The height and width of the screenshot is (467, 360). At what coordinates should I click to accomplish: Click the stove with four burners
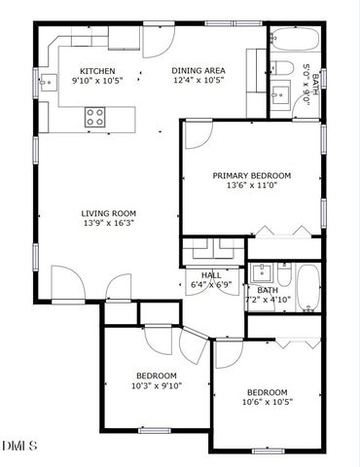(95, 117)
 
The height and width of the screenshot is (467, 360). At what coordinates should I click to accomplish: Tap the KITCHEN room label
(97, 71)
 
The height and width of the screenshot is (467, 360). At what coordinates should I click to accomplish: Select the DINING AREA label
(198, 71)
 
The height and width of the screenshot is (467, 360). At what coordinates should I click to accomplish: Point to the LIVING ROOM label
(108, 213)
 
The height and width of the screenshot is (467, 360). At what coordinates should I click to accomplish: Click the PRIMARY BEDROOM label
(252, 175)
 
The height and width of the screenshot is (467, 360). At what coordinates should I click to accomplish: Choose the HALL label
(211, 275)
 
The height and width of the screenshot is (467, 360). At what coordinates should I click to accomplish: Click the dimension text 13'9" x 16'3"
(108, 224)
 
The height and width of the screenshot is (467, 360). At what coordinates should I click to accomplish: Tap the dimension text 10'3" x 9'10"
(156, 385)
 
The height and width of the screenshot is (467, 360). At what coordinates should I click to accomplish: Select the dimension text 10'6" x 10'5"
(267, 402)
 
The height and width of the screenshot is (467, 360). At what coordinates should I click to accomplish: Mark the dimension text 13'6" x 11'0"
(252, 186)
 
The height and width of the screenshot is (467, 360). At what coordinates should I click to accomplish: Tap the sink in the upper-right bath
(282, 93)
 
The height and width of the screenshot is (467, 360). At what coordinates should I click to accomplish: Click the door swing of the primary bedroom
(198, 133)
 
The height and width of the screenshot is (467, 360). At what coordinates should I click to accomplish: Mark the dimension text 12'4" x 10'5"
(198, 82)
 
